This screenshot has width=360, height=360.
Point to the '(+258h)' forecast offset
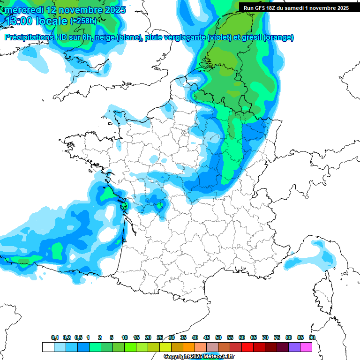[x=83, y=21]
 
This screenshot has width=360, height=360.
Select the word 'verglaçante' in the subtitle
[x=185, y=37]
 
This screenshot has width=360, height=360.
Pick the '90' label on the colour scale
[x=312, y=337]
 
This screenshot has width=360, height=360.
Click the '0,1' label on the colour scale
[x=55, y=337]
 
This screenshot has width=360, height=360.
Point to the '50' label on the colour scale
[x=218, y=337]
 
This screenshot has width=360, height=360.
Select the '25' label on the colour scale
[x=160, y=337]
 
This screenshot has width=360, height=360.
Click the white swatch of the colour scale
[x=48, y=347]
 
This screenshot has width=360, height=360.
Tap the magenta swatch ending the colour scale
[x=307, y=347]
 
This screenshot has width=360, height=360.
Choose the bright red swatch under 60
[x=247, y=347]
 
